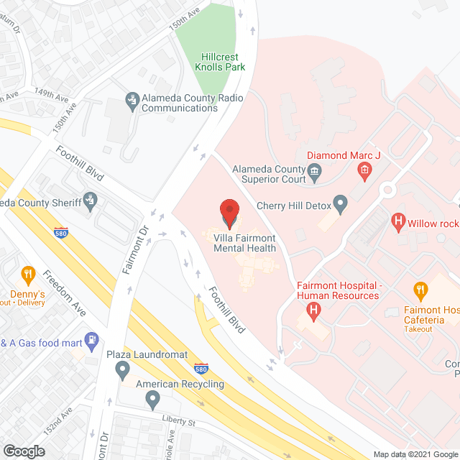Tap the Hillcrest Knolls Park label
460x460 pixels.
pyautogui.click(x=220, y=62)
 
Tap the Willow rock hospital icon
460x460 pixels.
pyautogui.click(x=396, y=223)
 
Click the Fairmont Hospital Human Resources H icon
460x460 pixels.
pyautogui.click(x=313, y=310)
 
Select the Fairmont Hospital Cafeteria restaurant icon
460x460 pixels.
pyautogui.click(x=421, y=290)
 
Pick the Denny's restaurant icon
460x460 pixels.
pyautogui.click(x=28, y=274)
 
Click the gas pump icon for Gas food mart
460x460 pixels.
pyautogui.click(x=91, y=338)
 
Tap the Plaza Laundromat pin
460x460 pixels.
pyautogui.click(x=121, y=370)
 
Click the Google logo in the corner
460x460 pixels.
pyautogui.click(x=24, y=451)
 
